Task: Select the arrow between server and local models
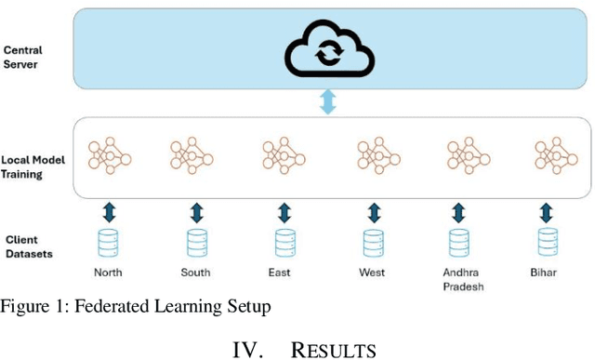pos(326,103)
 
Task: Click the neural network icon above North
pos(109,154)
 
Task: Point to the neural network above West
pos(377,154)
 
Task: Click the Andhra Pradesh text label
pos(458,278)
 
